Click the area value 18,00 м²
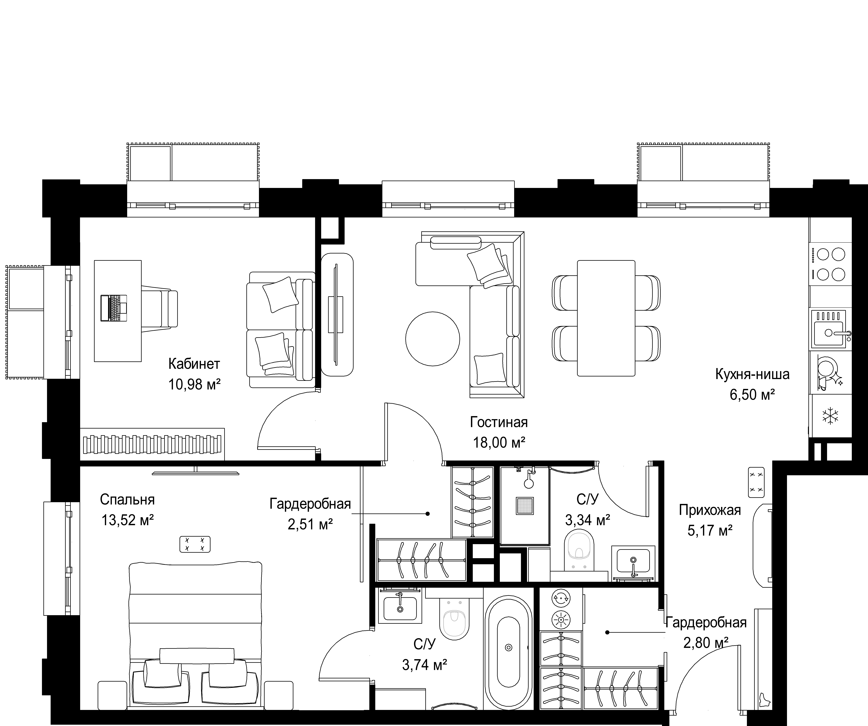coord(499,443)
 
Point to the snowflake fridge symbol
coord(830,416)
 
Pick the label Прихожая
coord(710,510)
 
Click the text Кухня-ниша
coord(752,374)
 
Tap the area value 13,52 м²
coord(128,520)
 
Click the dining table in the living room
coord(606,318)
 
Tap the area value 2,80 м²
coord(706,643)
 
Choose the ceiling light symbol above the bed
coord(195,544)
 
